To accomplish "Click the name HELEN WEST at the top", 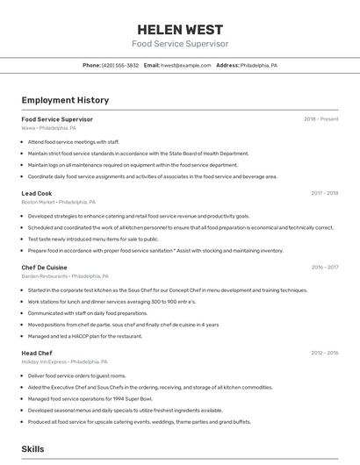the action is (x=180, y=29).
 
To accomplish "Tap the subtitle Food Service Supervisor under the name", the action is (x=180, y=44).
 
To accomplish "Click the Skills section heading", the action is (x=32, y=449).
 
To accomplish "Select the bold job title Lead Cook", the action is (x=37, y=193).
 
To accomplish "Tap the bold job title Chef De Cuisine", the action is (x=44, y=267).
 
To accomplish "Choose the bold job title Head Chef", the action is (x=37, y=353).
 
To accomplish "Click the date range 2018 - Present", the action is (x=320, y=119).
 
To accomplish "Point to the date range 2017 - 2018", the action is (x=324, y=193).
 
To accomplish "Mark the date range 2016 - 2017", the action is (x=324, y=267).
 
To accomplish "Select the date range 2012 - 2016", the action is (x=324, y=353).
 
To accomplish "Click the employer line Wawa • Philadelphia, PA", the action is (x=49, y=128).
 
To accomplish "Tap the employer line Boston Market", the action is (x=58, y=202).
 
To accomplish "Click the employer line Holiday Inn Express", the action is (x=64, y=361).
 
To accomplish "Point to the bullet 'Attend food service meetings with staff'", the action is (x=74, y=141).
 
